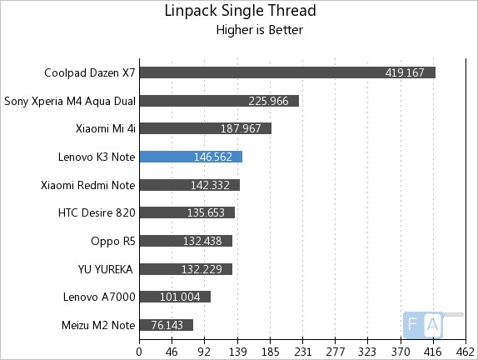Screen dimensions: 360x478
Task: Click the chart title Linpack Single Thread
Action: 241,12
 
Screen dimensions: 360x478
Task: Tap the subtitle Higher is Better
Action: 259,31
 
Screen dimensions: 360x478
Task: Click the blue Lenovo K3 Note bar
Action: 191,157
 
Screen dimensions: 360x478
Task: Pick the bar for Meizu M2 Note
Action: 166,325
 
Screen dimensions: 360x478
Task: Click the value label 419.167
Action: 405,72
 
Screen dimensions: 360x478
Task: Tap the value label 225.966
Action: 268,101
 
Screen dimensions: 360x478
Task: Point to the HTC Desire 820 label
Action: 97,212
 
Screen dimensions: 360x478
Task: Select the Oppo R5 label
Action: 113,241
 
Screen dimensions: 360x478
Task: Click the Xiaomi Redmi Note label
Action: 88,185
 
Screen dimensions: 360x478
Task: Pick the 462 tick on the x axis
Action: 466,350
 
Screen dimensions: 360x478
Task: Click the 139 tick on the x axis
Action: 237,350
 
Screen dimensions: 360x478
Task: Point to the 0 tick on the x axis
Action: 139,350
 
